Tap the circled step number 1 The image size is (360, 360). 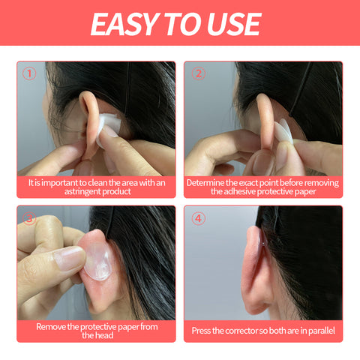29,73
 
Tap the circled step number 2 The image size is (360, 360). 198,73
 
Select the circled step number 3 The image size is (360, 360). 29,218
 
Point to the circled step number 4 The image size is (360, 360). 198,218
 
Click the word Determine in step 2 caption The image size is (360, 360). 208,182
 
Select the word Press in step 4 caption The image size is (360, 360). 204,331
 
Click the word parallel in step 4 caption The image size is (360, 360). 317,331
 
